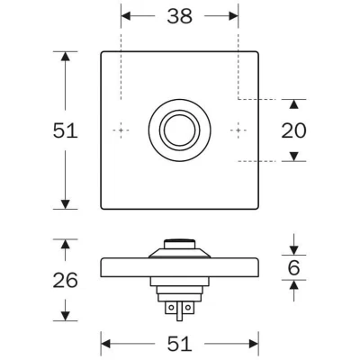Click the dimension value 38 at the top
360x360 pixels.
point(179,16)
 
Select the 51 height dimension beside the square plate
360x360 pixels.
point(66,130)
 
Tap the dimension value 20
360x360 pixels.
point(293,130)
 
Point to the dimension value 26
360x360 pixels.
point(66,280)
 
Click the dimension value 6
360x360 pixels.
point(293,267)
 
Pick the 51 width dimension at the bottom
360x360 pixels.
point(179,344)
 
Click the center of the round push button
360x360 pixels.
point(179,130)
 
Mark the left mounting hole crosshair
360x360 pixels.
point(121,130)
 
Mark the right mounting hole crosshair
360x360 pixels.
point(238,130)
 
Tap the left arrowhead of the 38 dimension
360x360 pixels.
point(126,16)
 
